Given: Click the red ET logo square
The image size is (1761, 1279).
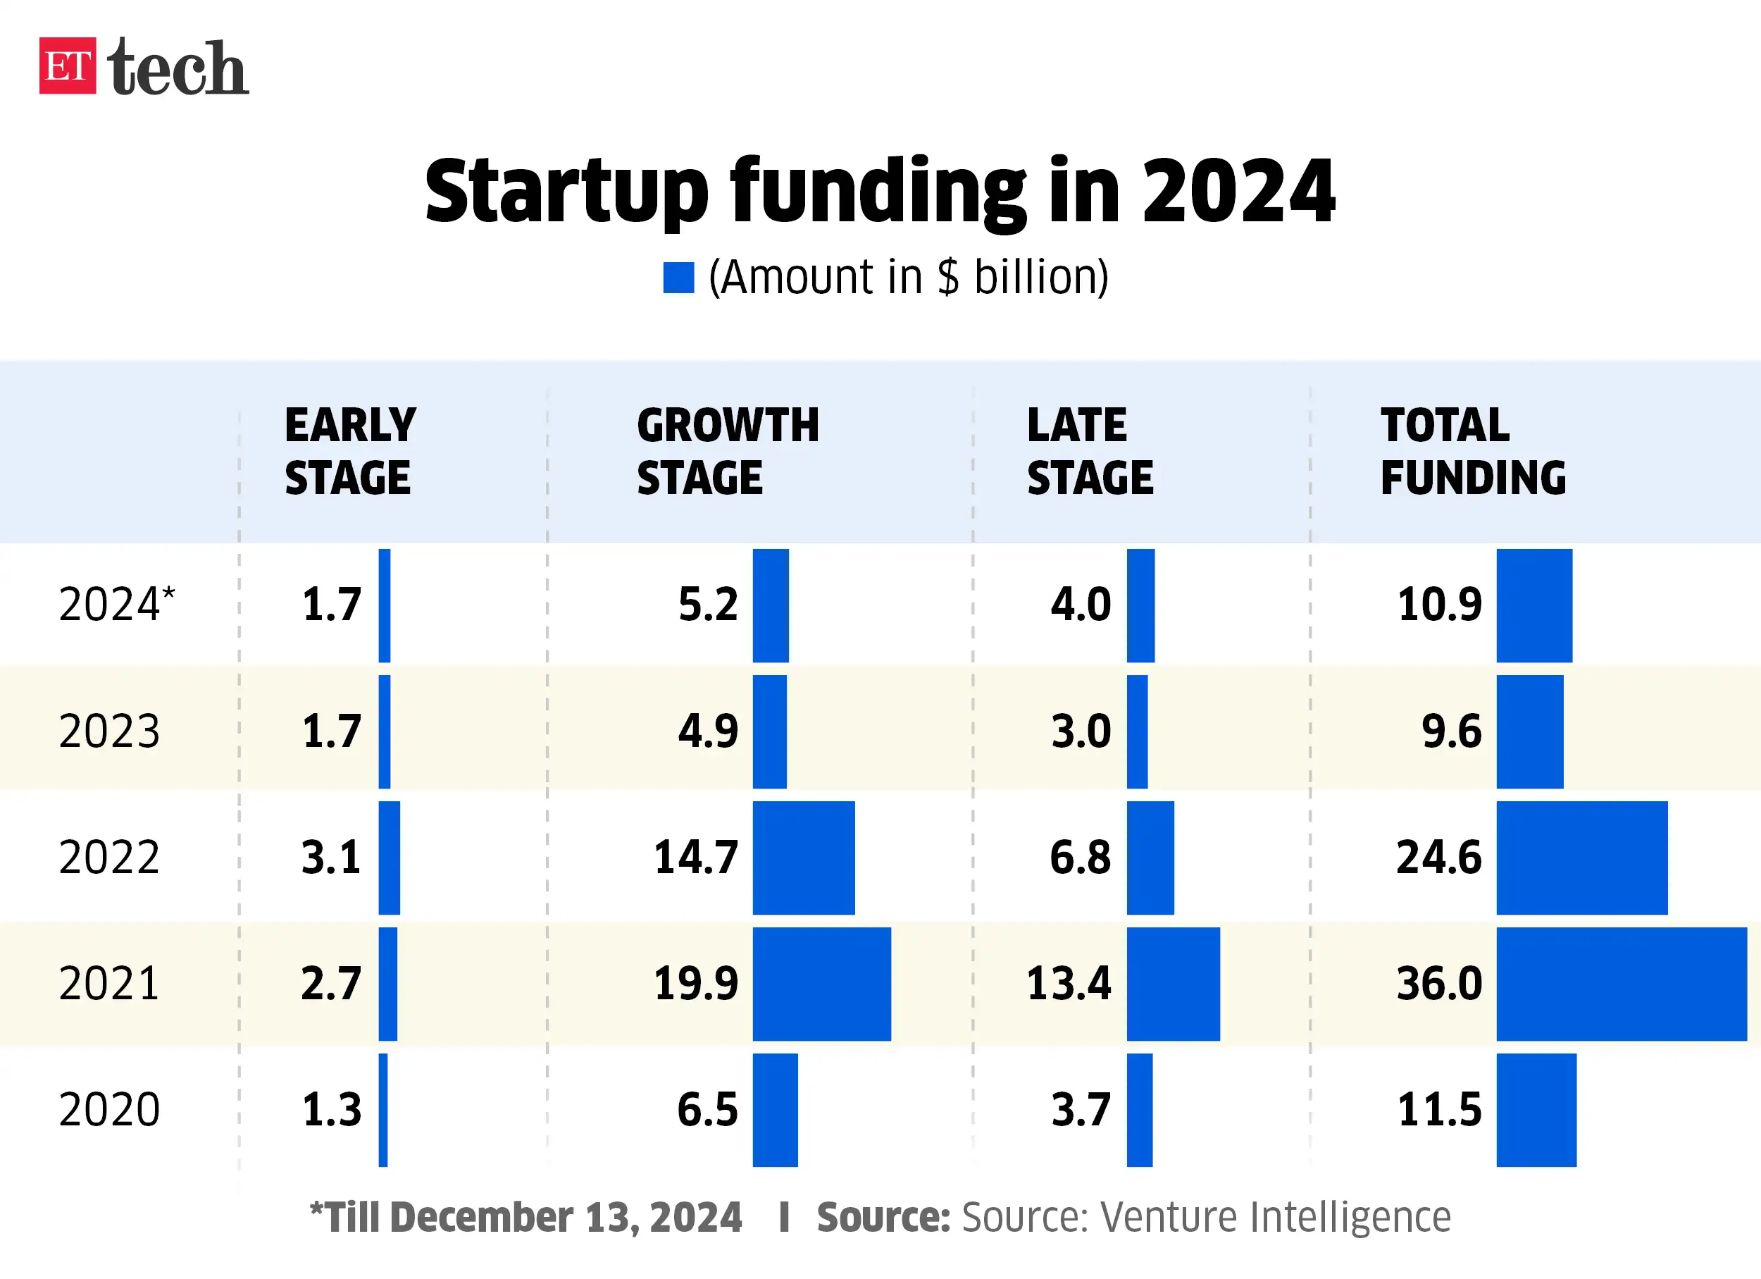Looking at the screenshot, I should click(68, 66).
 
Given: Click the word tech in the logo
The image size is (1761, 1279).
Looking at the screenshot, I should click(178, 69).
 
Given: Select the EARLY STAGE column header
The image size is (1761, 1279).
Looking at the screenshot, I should click(349, 450).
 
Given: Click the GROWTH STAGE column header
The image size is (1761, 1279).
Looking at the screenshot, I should click(727, 450).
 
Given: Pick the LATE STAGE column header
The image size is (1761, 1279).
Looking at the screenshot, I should click(1090, 450).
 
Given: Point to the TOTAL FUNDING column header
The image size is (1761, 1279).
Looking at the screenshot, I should click(1472, 450).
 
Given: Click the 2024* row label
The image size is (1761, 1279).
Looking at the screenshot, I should click(116, 604).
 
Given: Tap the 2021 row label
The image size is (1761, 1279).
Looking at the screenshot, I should click(108, 983).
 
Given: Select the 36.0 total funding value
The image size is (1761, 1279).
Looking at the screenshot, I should click(1439, 983).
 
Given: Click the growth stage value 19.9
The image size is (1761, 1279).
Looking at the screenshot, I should click(696, 983).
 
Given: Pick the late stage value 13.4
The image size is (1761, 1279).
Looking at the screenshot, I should click(1069, 983).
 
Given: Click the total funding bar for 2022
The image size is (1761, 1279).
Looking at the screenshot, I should click(1581, 858).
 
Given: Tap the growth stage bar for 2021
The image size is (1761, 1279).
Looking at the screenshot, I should click(821, 983).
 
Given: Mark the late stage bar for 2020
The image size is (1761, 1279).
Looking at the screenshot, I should click(1139, 1110).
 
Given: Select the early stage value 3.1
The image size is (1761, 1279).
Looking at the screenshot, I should click(332, 858).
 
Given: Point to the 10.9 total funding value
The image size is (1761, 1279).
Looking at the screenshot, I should click(1439, 604).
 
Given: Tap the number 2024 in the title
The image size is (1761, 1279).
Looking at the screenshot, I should click(1238, 191).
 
